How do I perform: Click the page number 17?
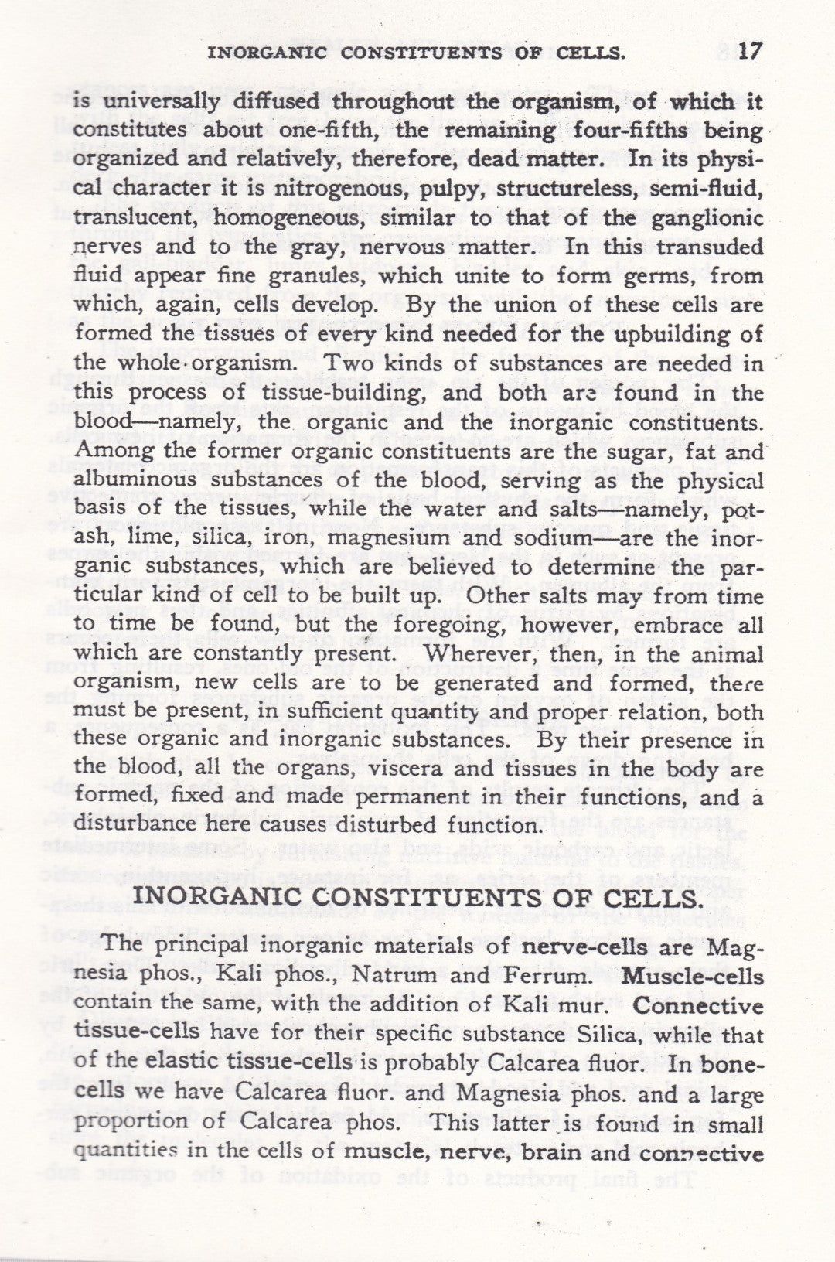(750, 52)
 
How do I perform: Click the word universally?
(162, 102)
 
